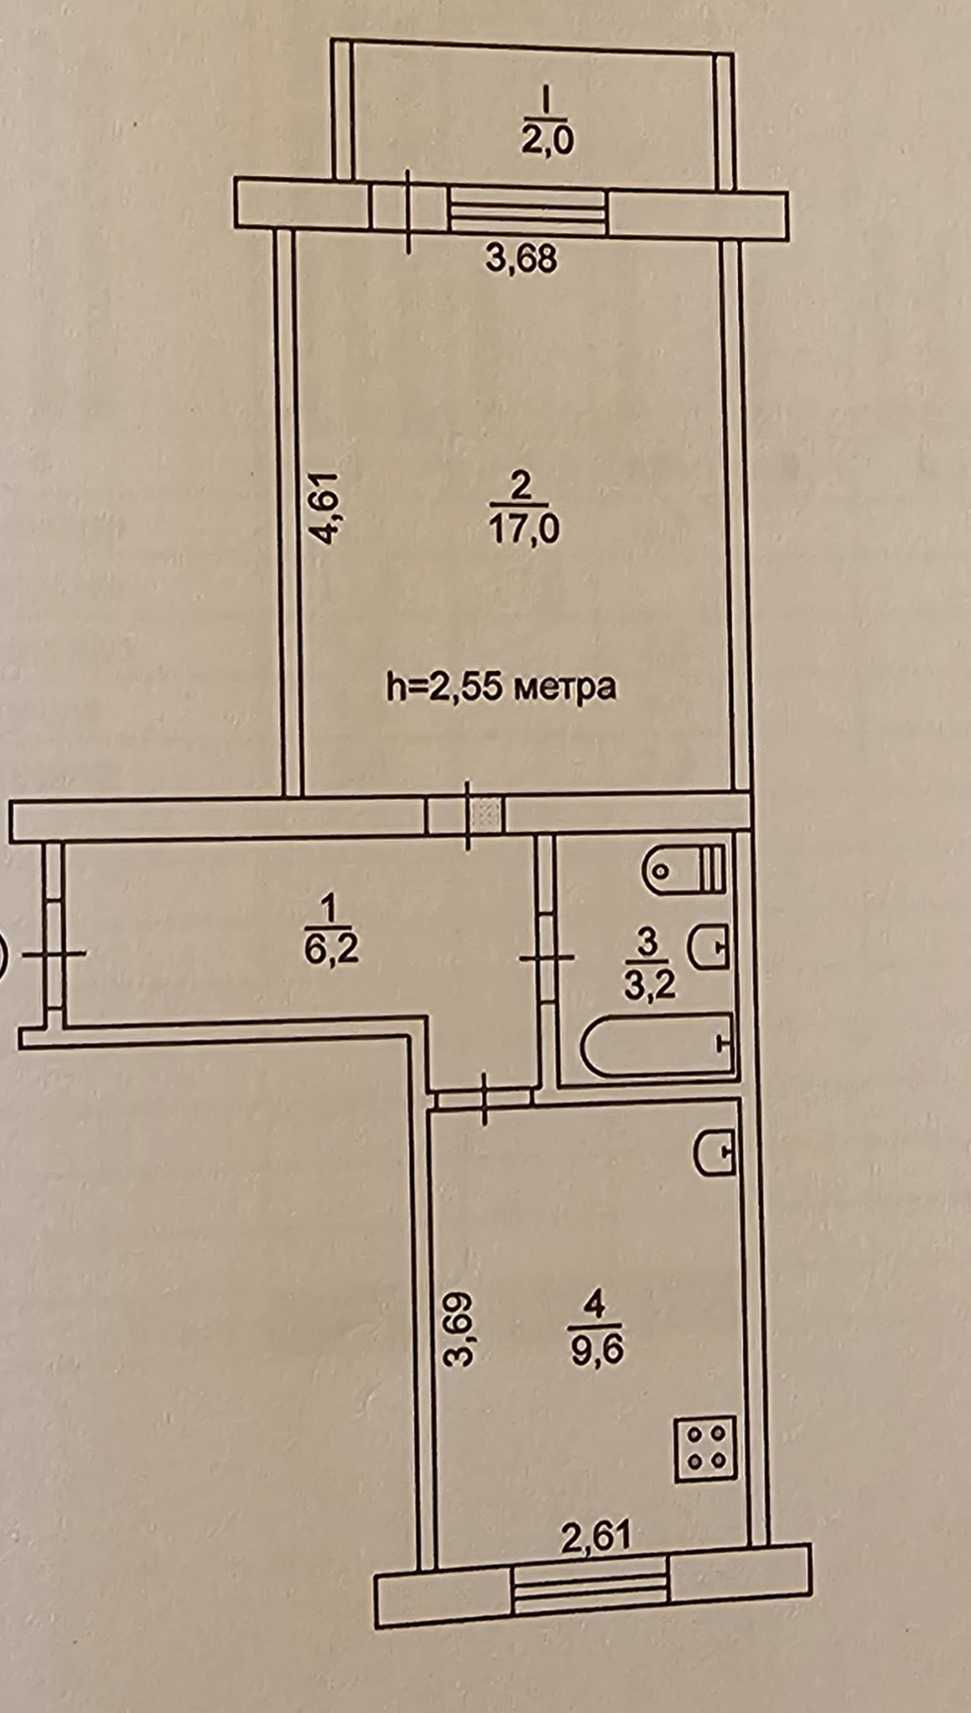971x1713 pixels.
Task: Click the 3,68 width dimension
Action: [x=522, y=259]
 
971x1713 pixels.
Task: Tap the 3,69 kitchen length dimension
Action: [x=457, y=1329]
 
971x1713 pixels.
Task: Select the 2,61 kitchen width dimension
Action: [x=595, y=1536]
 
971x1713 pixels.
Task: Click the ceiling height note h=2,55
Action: [x=501, y=685]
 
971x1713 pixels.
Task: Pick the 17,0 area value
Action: [x=524, y=530]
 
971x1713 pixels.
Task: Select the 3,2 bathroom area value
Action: [x=650, y=984]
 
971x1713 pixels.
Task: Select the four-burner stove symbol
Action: [x=705, y=1449]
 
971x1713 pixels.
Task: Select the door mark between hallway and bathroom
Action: [x=546, y=956]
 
